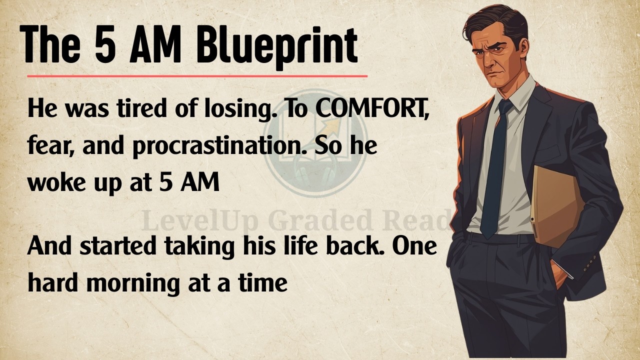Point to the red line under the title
[197, 76]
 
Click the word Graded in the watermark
[314, 220]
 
